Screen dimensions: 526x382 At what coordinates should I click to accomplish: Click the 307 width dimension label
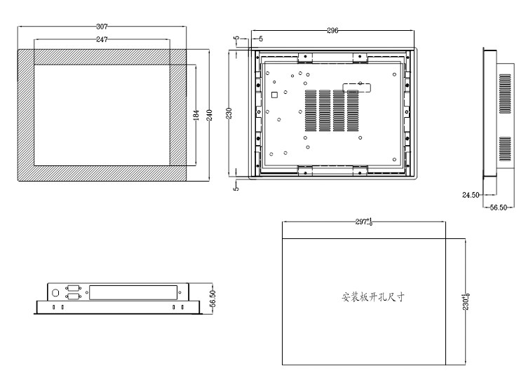tap(102, 26)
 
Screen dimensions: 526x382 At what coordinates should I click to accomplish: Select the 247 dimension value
tap(102, 39)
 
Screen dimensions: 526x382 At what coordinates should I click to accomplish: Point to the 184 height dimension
tap(196, 115)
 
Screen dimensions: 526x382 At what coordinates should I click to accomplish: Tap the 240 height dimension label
tap(209, 115)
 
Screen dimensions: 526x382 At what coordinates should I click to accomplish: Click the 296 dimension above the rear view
tap(332, 31)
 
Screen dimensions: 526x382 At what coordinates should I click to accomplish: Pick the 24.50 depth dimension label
tap(471, 195)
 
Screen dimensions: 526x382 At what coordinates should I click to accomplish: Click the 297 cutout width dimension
tap(364, 221)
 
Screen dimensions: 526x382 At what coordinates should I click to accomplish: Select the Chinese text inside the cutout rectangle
tap(373, 296)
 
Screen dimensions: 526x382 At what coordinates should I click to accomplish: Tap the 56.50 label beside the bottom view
tap(212, 299)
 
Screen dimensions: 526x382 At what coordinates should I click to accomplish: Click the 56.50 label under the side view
tap(498, 207)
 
